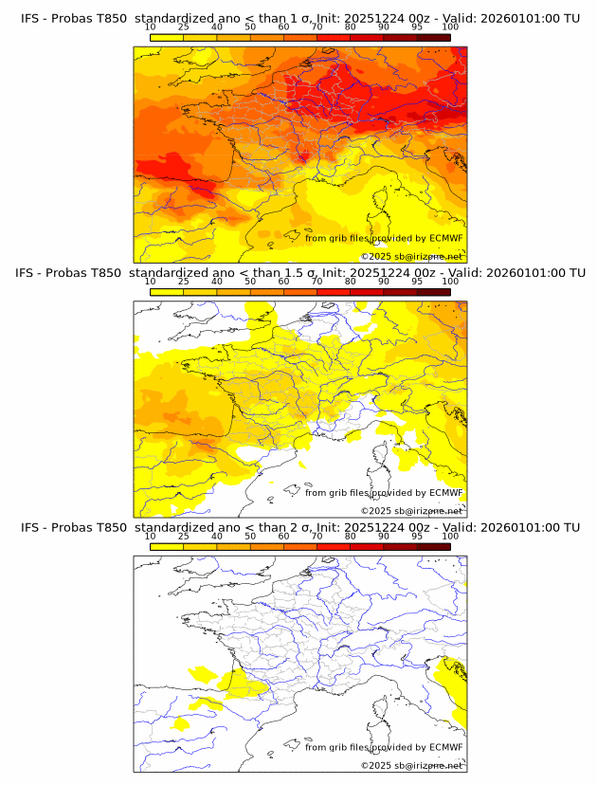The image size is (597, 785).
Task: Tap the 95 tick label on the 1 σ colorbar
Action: (x=417, y=27)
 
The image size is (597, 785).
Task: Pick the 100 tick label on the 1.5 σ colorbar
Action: (x=450, y=282)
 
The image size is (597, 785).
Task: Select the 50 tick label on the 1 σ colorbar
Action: (x=250, y=27)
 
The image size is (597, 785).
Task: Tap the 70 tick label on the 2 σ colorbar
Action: (x=317, y=536)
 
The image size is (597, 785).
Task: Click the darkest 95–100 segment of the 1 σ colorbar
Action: (x=433, y=37)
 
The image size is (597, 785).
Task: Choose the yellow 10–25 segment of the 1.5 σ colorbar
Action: (x=167, y=291)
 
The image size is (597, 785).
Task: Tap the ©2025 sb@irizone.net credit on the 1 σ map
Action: (x=411, y=257)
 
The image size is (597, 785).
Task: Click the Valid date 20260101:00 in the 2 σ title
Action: (x=526, y=527)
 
